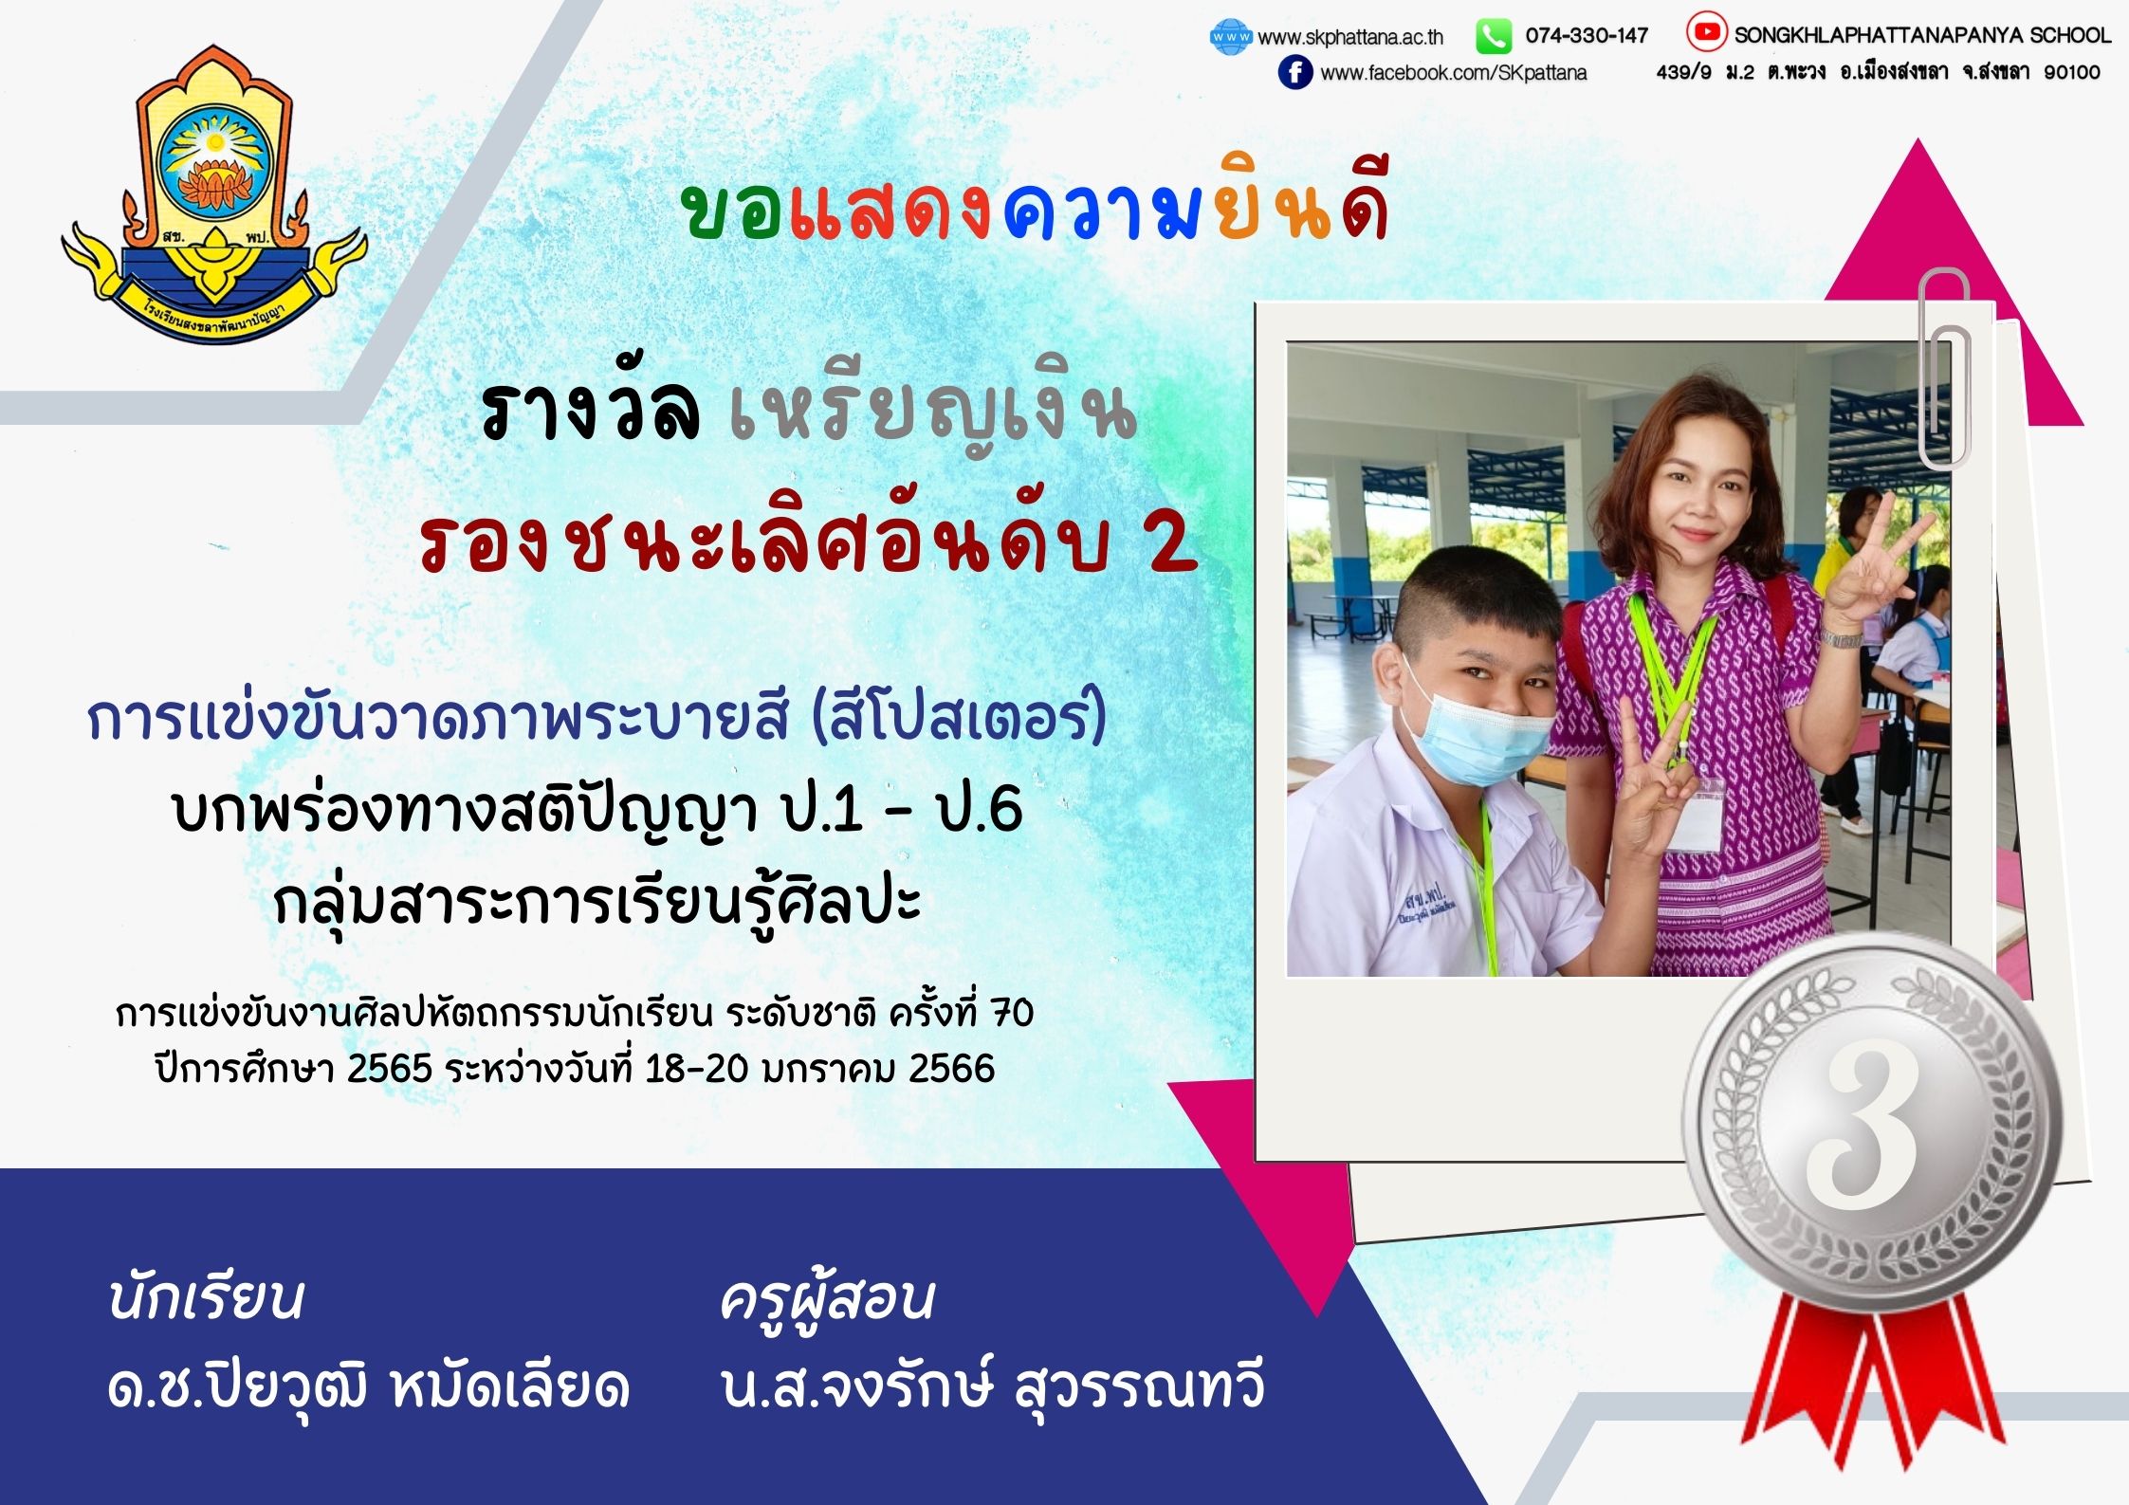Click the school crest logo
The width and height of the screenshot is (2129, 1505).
(214, 194)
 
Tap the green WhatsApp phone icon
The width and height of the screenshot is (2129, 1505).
(1494, 37)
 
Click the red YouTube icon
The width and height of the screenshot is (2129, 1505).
(1706, 33)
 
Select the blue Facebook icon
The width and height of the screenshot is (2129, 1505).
(1295, 72)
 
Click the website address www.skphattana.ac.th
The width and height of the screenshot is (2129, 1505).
(1350, 38)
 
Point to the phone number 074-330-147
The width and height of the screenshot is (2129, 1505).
(1587, 36)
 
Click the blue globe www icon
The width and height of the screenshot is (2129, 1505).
(1231, 37)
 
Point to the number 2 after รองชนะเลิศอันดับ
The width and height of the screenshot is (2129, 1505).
(1173, 544)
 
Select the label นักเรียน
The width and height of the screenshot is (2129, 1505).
(206, 1297)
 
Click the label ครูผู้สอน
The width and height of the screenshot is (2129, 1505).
(827, 1299)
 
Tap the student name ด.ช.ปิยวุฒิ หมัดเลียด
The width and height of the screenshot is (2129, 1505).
(368, 1386)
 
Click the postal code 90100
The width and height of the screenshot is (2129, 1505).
(2072, 72)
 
